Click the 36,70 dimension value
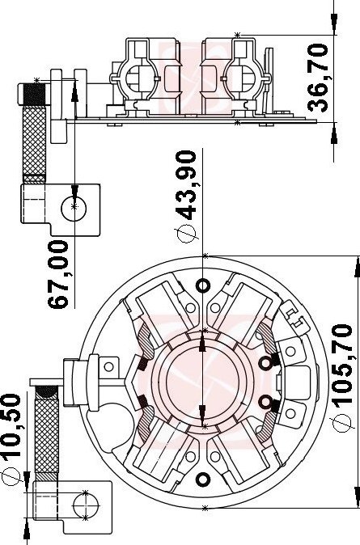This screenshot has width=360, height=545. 318,78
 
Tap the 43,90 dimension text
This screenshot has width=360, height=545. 186,185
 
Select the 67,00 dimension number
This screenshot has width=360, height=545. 58,274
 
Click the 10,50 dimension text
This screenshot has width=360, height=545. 11,429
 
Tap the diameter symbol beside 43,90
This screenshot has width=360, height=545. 187,233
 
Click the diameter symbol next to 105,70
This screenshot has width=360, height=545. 342,422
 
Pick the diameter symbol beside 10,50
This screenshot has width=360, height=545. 11,477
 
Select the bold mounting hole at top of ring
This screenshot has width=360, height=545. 203,285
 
